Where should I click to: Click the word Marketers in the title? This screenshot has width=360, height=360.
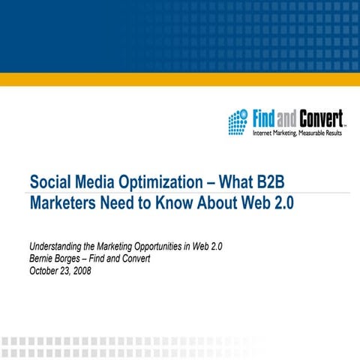tap(64, 202)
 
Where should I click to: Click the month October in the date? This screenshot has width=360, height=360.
tap(45, 271)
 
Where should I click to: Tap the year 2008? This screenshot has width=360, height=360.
tap(79, 271)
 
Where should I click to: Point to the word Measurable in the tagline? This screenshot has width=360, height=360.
tap(308, 133)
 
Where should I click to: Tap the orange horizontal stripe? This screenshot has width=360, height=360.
tap(180, 79)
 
